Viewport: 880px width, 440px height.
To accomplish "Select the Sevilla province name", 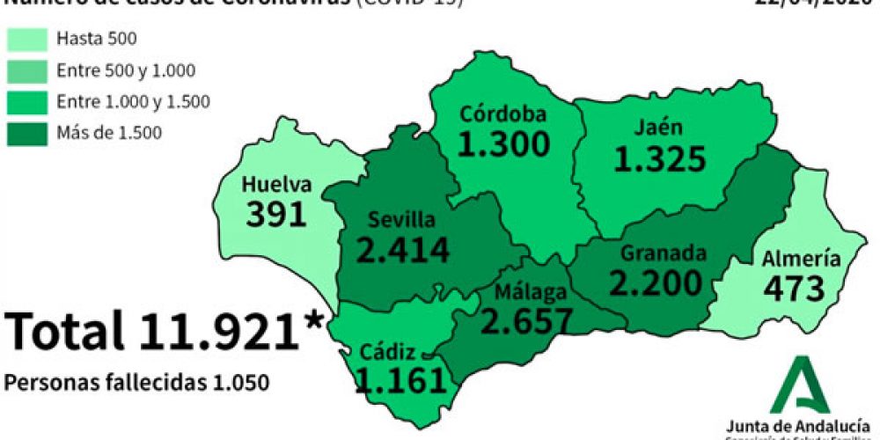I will (401, 219).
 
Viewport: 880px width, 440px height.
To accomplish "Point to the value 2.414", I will (403, 249).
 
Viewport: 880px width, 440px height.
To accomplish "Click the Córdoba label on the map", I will (503, 114).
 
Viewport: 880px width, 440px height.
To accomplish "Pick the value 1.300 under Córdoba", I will (504, 143).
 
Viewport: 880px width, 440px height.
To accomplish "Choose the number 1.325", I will (660, 159).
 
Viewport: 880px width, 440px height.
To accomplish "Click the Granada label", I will (664, 253).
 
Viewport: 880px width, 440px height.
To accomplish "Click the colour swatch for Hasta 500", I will (27, 40).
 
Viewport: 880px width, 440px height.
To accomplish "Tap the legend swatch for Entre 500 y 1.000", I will (27, 71).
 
